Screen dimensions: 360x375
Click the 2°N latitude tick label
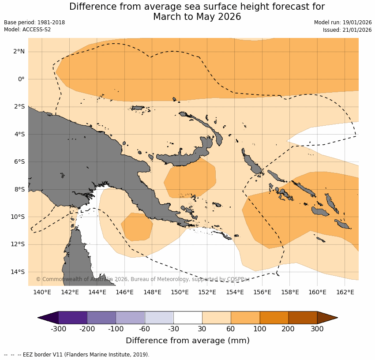(x=19, y=52)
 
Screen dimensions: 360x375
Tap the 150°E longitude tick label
(x=180, y=292)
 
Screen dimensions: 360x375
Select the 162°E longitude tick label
(x=345, y=292)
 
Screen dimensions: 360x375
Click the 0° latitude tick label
(x=21, y=79)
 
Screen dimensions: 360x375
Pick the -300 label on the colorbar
(x=59, y=329)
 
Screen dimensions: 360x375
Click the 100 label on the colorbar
(x=260, y=329)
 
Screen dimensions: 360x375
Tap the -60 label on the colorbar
(x=145, y=329)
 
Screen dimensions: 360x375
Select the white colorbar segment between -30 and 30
(x=188, y=318)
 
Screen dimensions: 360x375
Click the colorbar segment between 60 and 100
(x=245, y=318)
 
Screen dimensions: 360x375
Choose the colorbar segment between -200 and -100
(x=101, y=318)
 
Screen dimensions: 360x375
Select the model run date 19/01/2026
(x=357, y=22)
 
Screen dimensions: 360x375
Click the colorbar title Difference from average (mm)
(x=187, y=341)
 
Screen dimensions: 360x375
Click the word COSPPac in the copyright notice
(x=238, y=279)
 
